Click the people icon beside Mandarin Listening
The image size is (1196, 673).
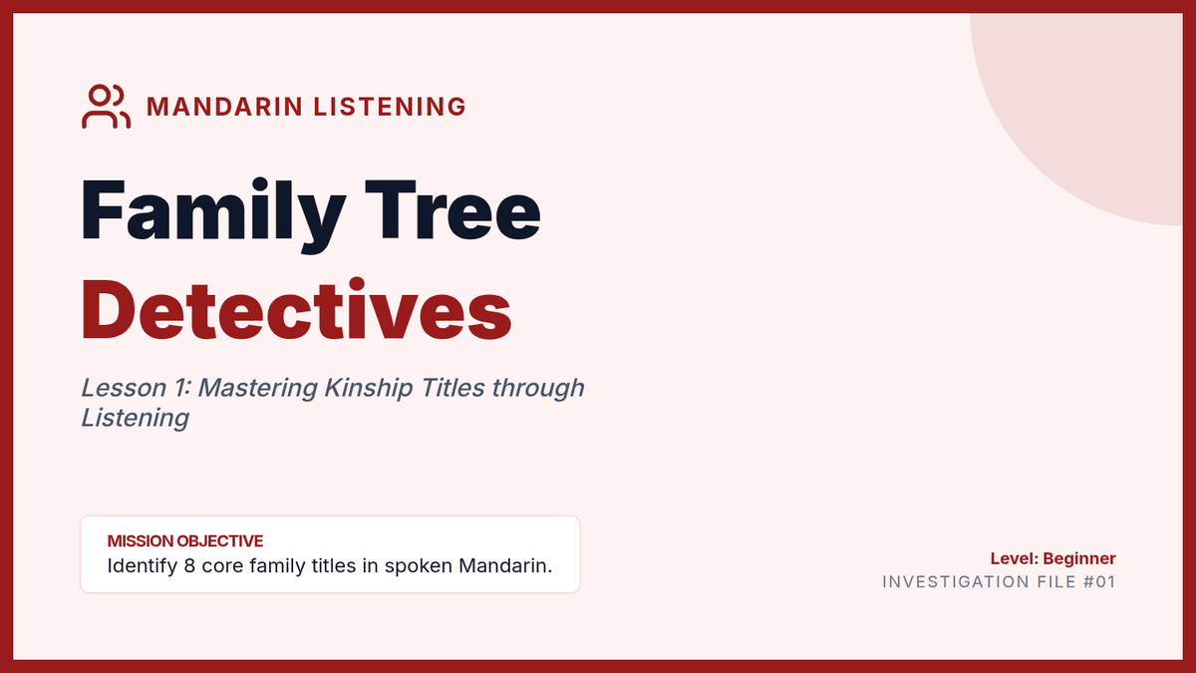coord(106,107)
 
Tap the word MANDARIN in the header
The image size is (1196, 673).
coord(225,107)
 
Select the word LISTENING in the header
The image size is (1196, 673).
coord(390,107)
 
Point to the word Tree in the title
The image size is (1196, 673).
coord(452,210)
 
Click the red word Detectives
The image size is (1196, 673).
coord(296,310)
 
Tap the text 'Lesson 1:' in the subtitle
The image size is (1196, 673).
coord(137,388)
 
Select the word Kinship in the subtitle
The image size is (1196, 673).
coord(369,389)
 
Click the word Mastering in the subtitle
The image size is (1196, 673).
coord(258,389)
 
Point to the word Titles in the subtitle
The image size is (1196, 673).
coord(452,388)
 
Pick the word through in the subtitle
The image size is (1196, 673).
coord(538,389)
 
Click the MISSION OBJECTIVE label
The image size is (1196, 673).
coord(185,541)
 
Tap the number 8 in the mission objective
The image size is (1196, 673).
coord(189,565)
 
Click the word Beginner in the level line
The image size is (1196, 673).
coord(1079,559)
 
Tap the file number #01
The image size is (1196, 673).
coord(1099,581)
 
